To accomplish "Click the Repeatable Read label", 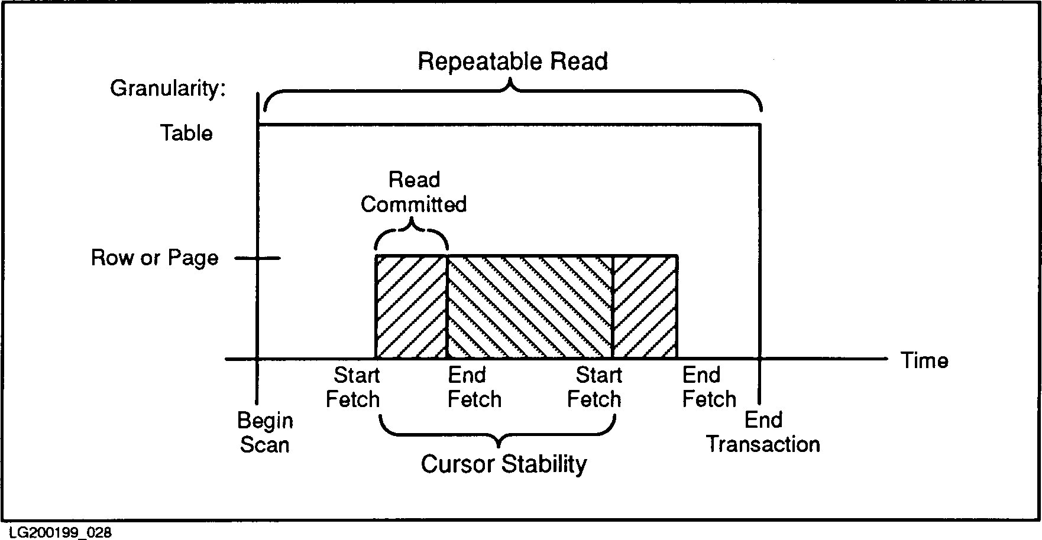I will click(513, 61).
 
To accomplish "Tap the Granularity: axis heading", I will click(168, 89).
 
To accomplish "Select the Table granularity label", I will click(186, 133).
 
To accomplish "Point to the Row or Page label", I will click(154, 258).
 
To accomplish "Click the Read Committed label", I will click(414, 192).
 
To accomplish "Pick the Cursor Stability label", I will click(504, 464).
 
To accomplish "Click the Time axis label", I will click(924, 360).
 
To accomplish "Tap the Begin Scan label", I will click(265, 432).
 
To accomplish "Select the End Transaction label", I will click(763, 432).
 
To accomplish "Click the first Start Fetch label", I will click(353, 388).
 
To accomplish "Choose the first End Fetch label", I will click(474, 388).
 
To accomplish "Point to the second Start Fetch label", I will click(595, 388).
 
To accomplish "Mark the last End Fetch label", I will click(709, 388).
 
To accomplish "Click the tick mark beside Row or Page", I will click(258, 258).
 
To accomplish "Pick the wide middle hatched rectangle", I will click(529, 307).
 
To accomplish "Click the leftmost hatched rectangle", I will click(411, 307).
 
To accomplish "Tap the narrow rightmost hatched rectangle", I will click(645, 307).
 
